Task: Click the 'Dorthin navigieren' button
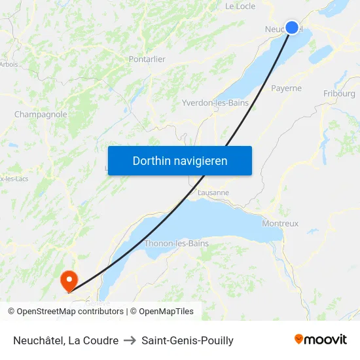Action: [x=179, y=160]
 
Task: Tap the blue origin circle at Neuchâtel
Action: [x=292, y=27]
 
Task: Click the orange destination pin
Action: [x=69, y=281]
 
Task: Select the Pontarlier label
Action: [x=147, y=59]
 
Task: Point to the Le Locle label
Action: [x=240, y=6]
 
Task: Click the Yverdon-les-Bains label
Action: [x=215, y=103]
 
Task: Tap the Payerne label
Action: [x=286, y=88]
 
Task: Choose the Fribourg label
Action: [x=339, y=94]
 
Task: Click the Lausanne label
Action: [x=213, y=192]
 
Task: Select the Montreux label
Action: [x=280, y=223]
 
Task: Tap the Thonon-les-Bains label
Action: [x=176, y=243]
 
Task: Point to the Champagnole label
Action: [x=41, y=114]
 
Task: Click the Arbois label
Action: [x=9, y=64]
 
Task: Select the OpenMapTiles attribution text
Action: [x=162, y=312]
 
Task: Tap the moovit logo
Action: [x=321, y=339]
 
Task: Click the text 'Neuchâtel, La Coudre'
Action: [x=65, y=340]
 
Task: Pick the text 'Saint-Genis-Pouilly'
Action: [x=187, y=340]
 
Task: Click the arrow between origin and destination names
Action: [x=130, y=340]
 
